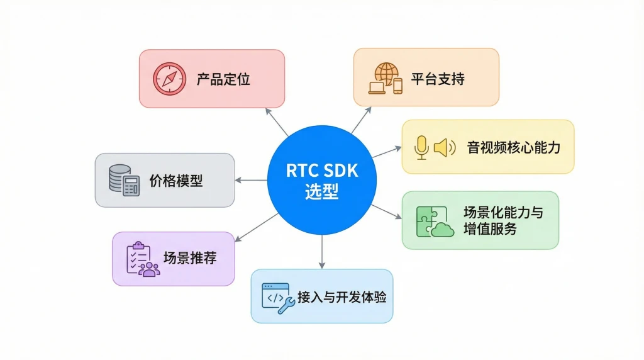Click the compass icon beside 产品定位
click(169, 79)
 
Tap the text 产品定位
click(223, 79)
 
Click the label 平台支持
click(438, 79)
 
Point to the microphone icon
click(421, 147)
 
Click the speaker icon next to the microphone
click(444, 147)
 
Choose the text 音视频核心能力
click(513, 148)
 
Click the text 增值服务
click(490, 228)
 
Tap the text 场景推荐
click(190, 259)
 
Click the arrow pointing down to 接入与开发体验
click(321, 251)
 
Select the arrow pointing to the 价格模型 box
click(251, 181)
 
